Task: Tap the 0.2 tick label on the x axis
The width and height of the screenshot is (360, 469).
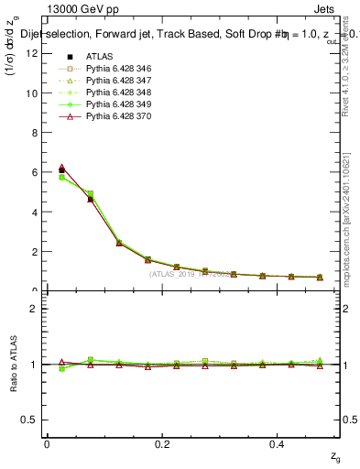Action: [x=163, y=443]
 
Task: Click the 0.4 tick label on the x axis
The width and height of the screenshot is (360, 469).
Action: [x=280, y=443]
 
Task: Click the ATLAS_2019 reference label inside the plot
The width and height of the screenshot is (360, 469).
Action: [x=192, y=273]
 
